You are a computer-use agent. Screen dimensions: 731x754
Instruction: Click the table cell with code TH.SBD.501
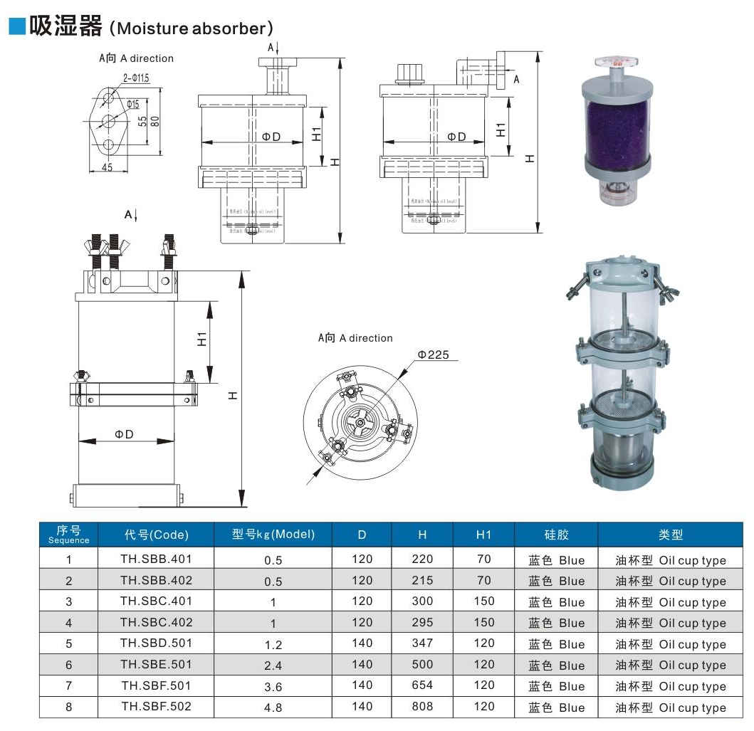point(156,643)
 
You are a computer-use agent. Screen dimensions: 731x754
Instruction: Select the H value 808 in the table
point(422,707)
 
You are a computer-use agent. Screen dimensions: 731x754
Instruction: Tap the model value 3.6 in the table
point(273,687)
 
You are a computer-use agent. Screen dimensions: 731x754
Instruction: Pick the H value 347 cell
point(422,643)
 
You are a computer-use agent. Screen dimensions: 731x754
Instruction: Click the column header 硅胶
point(556,535)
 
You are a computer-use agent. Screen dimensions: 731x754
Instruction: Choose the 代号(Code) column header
point(156,535)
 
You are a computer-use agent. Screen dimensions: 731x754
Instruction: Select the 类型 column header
point(670,535)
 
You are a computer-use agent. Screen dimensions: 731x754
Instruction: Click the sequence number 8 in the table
point(69,707)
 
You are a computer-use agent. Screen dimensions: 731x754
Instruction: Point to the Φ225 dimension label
point(433,354)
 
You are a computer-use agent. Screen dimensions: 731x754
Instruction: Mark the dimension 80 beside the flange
point(155,121)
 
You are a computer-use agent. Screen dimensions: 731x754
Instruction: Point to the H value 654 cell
point(422,685)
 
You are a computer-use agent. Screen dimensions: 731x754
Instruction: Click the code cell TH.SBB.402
point(156,579)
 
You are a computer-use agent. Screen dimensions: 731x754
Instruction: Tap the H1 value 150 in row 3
point(484,601)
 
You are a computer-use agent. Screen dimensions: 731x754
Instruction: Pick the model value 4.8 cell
point(273,708)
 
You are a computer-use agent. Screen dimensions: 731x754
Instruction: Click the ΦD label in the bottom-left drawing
point(125,434)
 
